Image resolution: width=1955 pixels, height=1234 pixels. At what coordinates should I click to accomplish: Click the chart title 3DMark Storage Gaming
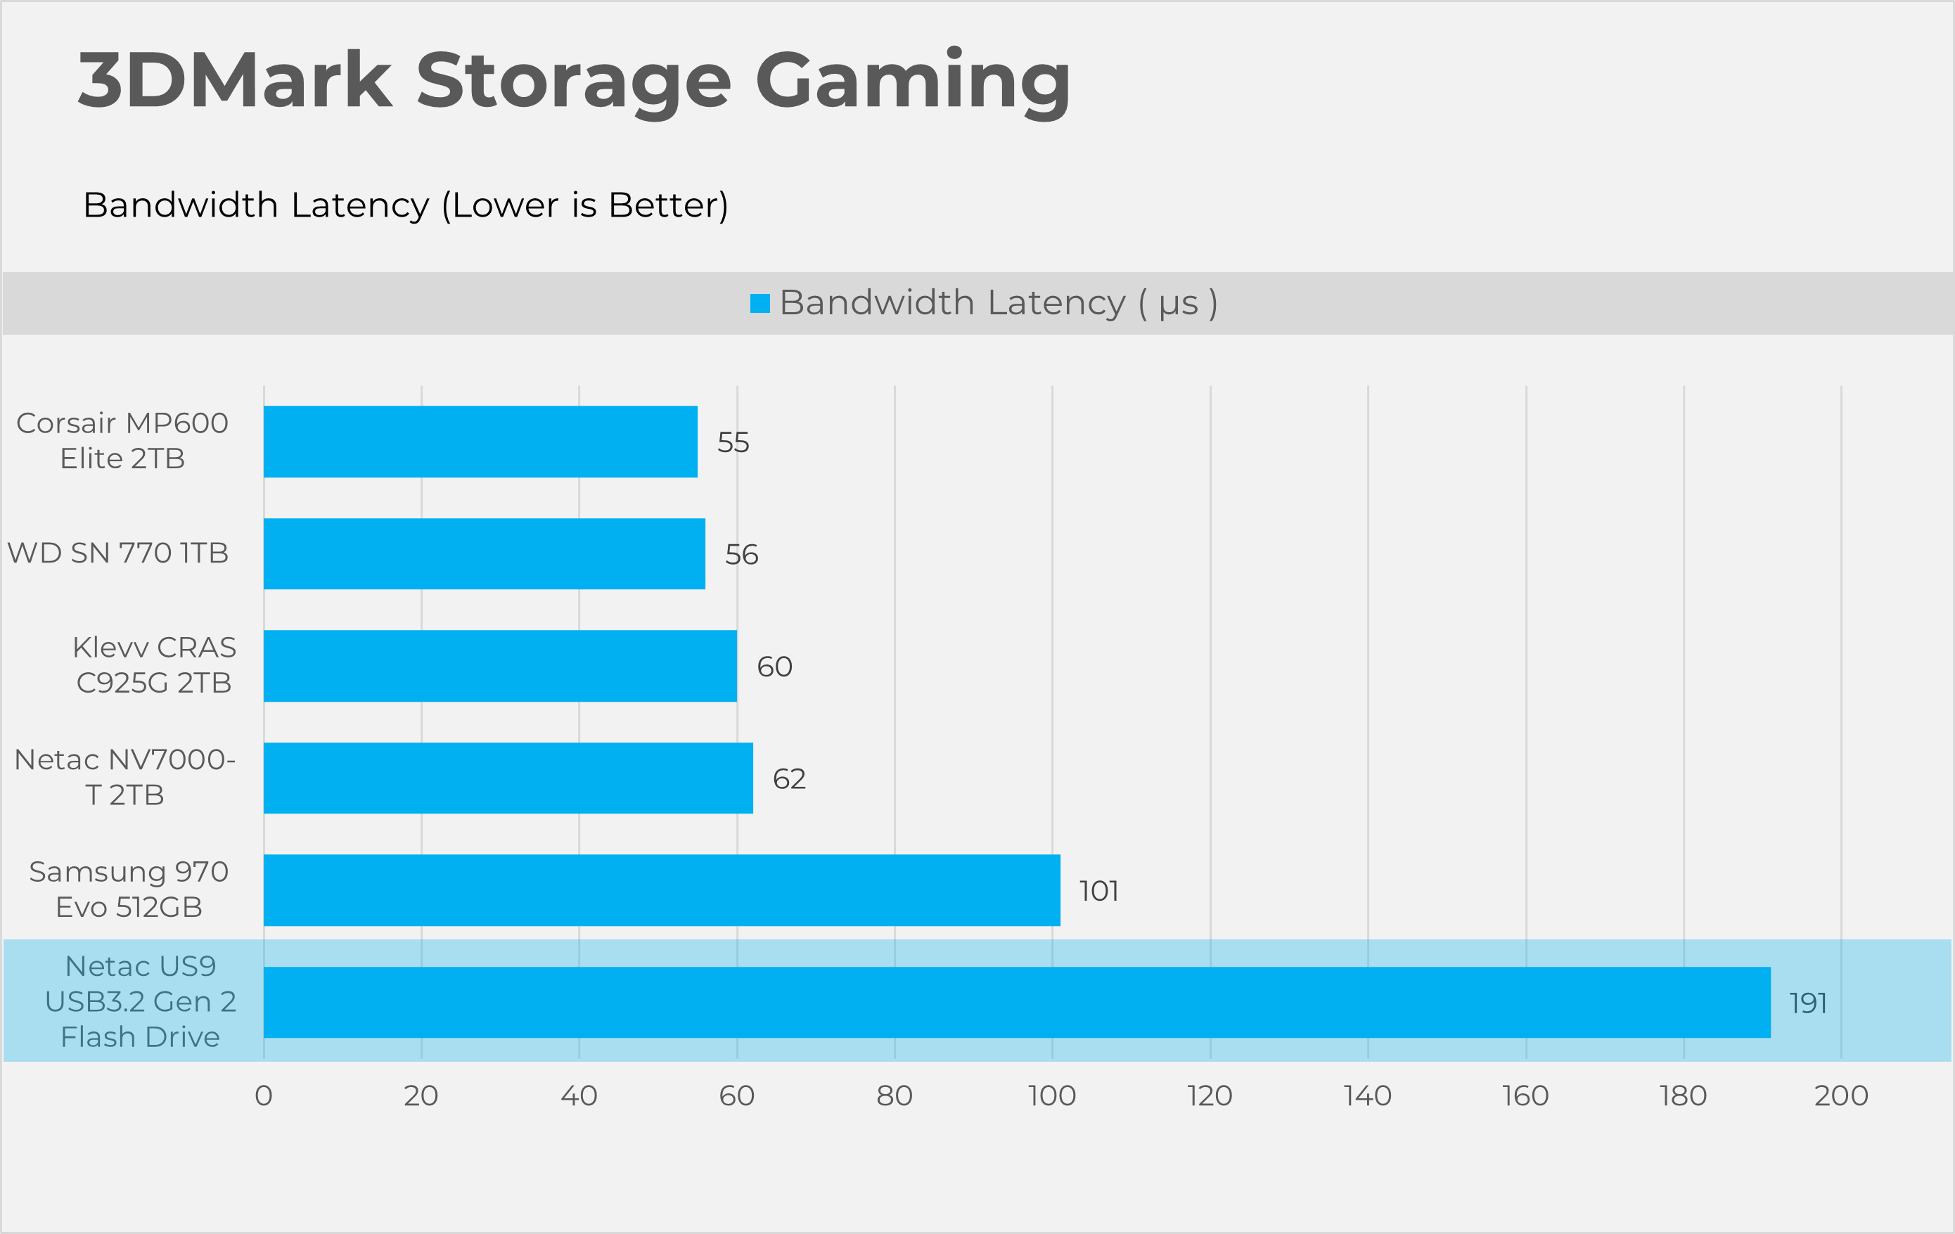pyautogui.click(x=574, y=81)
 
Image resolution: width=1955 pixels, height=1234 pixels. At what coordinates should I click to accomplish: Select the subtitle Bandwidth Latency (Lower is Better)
pyautogui.click(x=405, y=205)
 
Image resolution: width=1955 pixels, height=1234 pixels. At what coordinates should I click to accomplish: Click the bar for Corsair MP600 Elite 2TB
pyautogui.click(x=480, y=442)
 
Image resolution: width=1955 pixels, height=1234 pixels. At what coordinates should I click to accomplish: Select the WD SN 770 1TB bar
pyautogui.click(x=484, y=553)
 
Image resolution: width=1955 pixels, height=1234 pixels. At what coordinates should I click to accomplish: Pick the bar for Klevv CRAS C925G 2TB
pyautogui.click(x=500, y=666)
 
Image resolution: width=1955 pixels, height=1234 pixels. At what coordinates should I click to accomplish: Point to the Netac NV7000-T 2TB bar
pyautogui.click(x=508, y=778)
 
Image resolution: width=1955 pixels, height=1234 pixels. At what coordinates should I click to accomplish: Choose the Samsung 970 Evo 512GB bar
pyautogui.click(x=662, y=889)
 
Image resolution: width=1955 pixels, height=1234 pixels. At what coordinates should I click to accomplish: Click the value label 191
pyautogui.click(x=1808, y=1003)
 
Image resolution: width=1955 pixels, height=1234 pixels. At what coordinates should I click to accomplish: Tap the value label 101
pyautogui.click(x=1098, y=892)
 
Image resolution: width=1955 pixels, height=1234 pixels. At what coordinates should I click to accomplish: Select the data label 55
pyautogui.click(x=733, y=442)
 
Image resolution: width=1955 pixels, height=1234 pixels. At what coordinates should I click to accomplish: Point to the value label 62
pyautogui.click(x=789, y=779)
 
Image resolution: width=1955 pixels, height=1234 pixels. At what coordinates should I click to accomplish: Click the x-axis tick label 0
pyautogui.click(x=263, y=1096)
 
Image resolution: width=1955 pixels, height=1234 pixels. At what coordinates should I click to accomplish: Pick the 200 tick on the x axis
pyautogui.click(x=1841, y=1096)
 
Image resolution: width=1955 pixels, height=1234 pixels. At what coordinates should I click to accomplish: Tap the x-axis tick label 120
pyautogui.click(x=1210, y=1096)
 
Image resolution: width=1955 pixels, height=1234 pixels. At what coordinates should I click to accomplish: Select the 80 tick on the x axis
pyautogui.click(x=895, y=1096)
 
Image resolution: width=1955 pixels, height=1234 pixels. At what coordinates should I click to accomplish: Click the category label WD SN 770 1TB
pyautogui.click(x=117, y=553)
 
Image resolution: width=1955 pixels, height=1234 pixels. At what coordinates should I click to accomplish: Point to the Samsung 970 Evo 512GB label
pyautogui.click(x=128, y=889)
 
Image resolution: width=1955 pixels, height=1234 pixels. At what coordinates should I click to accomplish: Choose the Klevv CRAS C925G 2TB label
pyautogui.click(x=153, y=665)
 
